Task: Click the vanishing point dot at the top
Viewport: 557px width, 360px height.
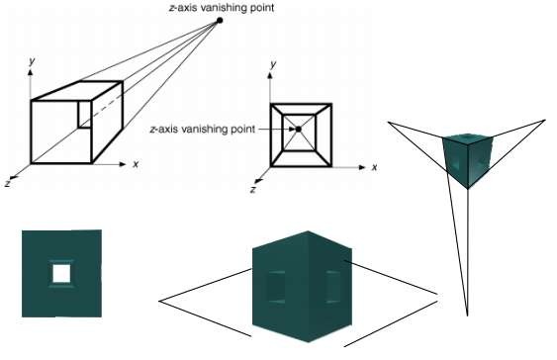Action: point(220,20)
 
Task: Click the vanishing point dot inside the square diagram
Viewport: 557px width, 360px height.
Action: point(298,129)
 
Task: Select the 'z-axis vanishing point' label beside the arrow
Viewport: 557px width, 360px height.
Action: point(201,129)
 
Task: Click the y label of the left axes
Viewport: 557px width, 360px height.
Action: point(33,61)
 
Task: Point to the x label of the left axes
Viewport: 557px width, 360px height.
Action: point(136,163)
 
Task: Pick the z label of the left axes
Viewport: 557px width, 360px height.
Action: point(8,183)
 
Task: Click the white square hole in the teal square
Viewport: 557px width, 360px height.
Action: point(61,272)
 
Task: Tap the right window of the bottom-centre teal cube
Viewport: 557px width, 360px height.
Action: point(331,287)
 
